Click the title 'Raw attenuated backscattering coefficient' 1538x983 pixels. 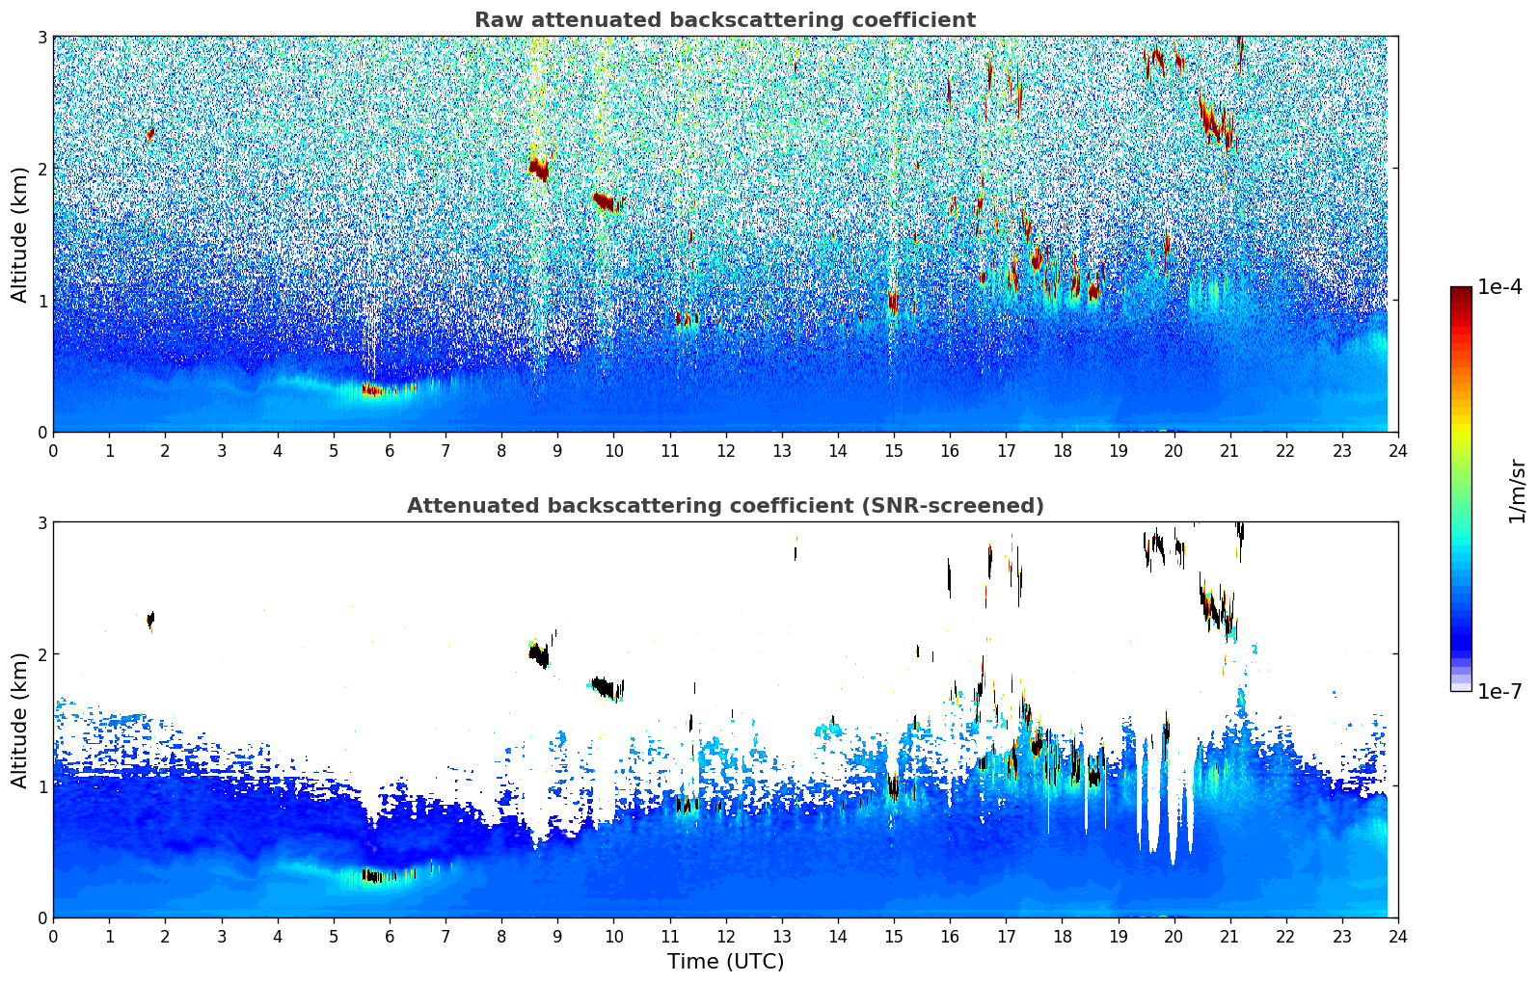(x=725, y=20)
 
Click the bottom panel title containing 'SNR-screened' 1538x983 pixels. (x=725, y=506)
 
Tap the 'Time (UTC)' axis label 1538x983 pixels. (x=725, y=962)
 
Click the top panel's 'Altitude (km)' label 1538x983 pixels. (x=19, y=235)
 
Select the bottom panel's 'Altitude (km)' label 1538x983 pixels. (x=19, y=720)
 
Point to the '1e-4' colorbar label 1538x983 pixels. (x=1499, y=287)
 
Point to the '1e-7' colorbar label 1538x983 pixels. (x=1499, y=691)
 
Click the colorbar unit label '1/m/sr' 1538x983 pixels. (x=1517, y=491)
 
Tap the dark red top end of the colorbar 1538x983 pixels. (x=1461, y=290)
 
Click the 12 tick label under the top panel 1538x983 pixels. (x=726, y=451)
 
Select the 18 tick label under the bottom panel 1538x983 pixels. (x=1063, y=937)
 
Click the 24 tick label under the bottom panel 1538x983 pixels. (x=1398, y=937)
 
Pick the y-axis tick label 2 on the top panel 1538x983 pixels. (x=41, y=169)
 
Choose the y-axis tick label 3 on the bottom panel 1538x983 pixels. (x=41, y=523)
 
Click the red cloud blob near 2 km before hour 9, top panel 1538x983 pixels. (x=539, y=169)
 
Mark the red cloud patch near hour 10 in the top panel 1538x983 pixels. (x=607, y=201)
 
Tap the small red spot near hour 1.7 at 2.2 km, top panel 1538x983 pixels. (x=150, y=133)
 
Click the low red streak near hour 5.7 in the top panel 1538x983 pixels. (x=372, y=390)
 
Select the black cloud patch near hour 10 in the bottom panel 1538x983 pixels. (x=607, y=687)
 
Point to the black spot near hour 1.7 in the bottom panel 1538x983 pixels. (x=150, y=620)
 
